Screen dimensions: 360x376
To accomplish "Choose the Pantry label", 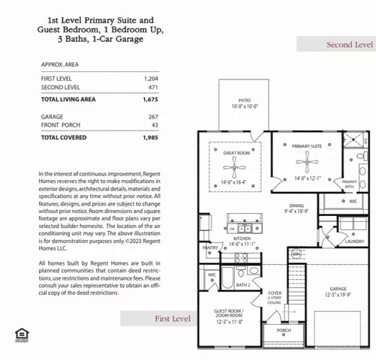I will click(x=211, y=247).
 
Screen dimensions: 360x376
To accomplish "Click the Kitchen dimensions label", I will click(x=242, y=244).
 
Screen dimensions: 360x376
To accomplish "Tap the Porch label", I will click(x=284, y=329).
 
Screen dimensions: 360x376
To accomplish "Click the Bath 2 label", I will click(x=243, y=285).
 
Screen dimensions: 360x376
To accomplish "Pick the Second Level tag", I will click(x=349, y=45).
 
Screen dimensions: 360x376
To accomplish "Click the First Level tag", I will click(x=173, y=319).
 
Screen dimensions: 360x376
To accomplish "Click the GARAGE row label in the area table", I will click(x=53, y=116).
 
